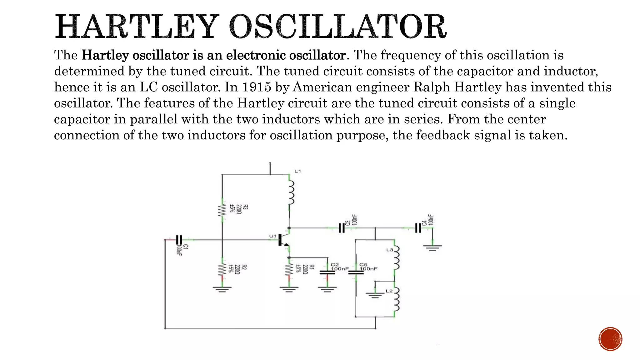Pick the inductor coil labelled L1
(x=291, y=193)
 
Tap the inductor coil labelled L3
(x=396, y=258)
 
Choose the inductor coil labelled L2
(x=396, y=299)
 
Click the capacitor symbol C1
(x=179, y=240)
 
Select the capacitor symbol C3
(x=342, y=228)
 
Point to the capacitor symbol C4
(x=418, y=228)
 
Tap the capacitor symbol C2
(x=327, y=272)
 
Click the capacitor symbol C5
(x=356, y=272)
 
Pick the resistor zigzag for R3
(x=222, y=210)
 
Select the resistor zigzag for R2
(x=222, y=269)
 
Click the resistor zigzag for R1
(x=289, y=269)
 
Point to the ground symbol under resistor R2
(x=222, y=289)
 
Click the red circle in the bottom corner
(x=610, y=339)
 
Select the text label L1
(x=297, y=171)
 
